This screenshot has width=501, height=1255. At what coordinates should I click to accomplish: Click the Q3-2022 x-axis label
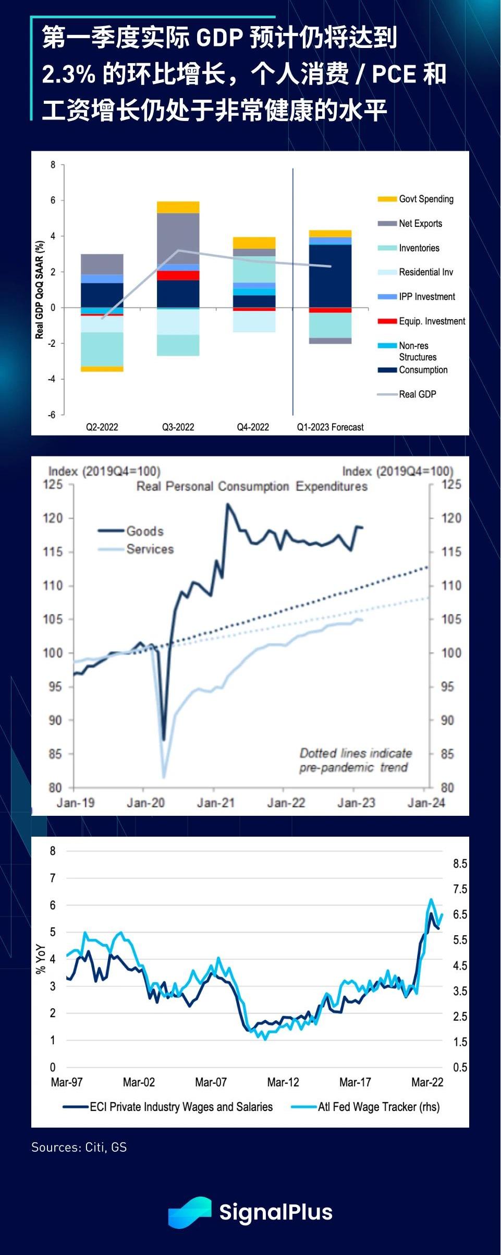pyautogui.click(x=178, y=427)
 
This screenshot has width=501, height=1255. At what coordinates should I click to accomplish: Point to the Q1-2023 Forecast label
pyautogui.click(x=330, y=427)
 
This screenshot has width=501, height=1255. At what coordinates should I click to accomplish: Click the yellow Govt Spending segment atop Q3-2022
pyautogui.click(x=178, y=207)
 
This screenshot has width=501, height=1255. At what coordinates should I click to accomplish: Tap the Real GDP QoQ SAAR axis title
pyautogui.click(x=40, y=289)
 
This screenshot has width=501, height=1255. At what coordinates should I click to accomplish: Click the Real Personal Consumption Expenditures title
pyautogui.click(x=252, y=487)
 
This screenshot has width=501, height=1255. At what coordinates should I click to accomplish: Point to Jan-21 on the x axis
pyautogui.click(x=215, y=803)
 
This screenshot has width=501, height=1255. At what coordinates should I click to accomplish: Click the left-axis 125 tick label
pyautogui.click(x=53, y=485)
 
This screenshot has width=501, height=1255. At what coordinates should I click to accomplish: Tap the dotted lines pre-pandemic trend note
pyautogui.click(x=355, y=760)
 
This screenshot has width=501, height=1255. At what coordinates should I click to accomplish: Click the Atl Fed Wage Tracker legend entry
pyautogui.click(x=378, y=1106)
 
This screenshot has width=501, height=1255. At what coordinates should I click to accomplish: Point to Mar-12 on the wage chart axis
pyautogui.click(x=283, y=1082)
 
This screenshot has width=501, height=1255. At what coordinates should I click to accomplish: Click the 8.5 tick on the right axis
pyautogui.click(x=460, y=864)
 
